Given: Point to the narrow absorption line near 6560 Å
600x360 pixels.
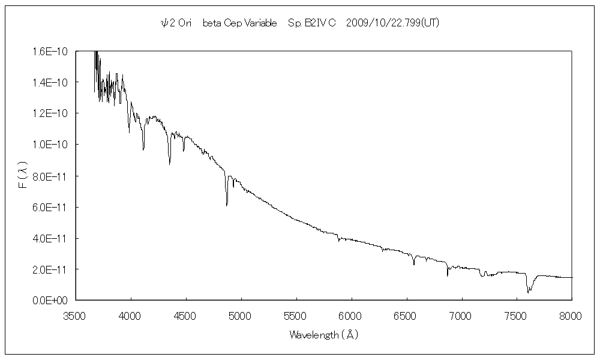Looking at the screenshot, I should (413, 263).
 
